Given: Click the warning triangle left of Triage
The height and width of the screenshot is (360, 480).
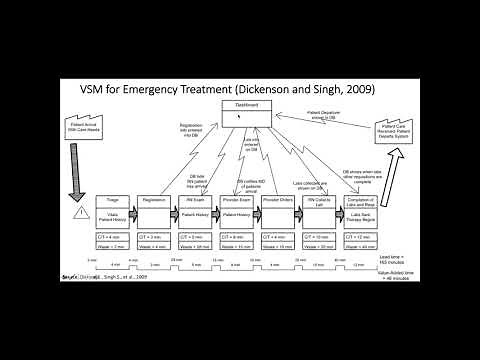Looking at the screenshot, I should (x=79, y=213).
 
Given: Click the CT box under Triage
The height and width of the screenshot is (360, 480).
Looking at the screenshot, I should (x=111, y=236).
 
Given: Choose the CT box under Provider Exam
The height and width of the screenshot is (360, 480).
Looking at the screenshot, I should (x=236, y=236).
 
